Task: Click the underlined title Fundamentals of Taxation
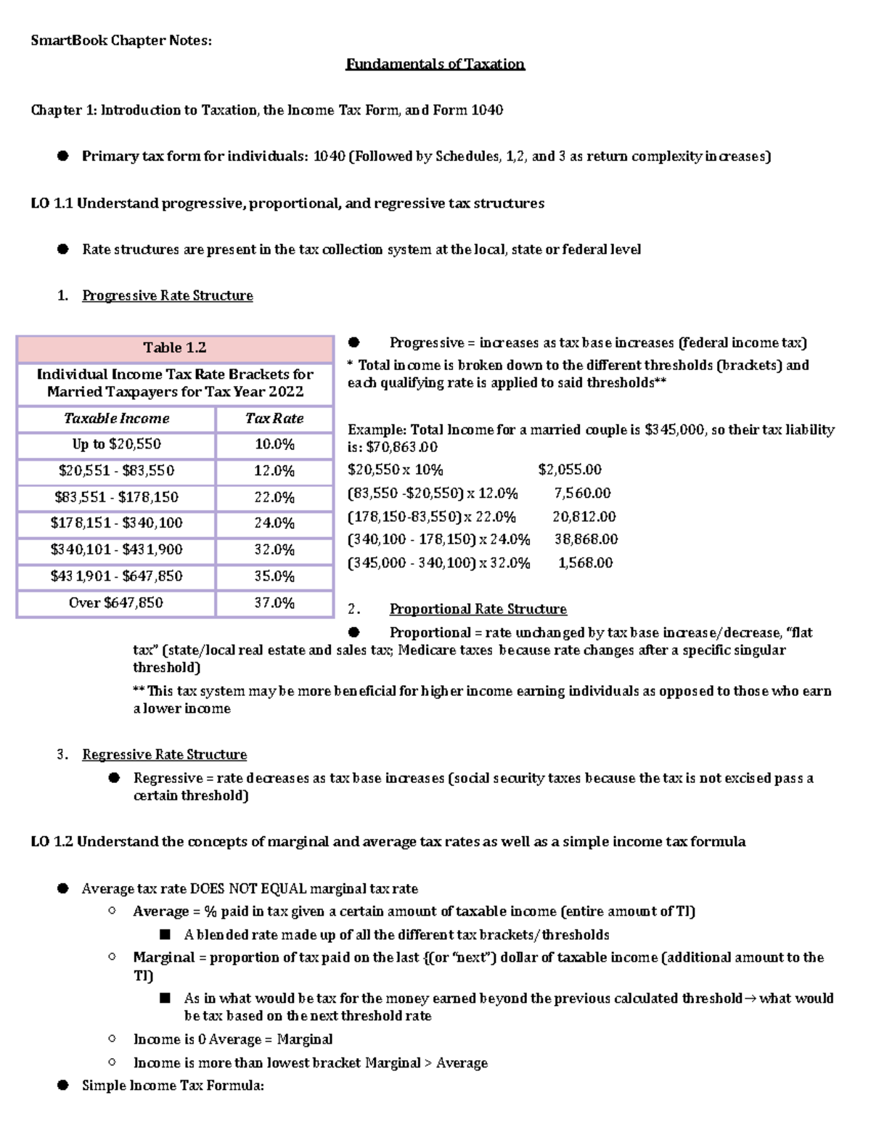[435, 64]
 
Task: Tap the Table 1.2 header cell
[174, 348]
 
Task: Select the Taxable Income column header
[116, 419]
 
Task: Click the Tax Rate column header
[274, 419]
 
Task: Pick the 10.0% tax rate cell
[274, 444]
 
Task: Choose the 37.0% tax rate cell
[274, 603]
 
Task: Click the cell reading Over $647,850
[116, 603]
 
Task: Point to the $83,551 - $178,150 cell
[116, 497]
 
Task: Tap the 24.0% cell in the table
[274, 523]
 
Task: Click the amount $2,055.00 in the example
[570, 470]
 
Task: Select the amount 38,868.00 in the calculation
[586, 539]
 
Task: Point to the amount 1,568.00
[585, 563]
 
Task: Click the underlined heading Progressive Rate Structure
[167, 296]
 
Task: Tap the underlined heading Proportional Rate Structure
[478, 610]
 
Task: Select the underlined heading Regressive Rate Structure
[164, 755]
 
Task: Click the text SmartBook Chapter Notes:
[121, 41]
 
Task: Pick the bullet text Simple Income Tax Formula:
[173, 1086]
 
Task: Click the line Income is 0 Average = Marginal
[232, 1039]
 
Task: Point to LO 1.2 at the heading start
[52, 842]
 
